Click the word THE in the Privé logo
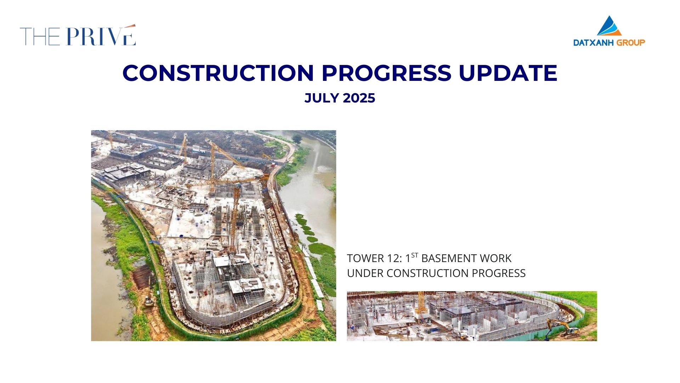[x=40, y=37]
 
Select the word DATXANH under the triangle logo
[x=594, y=43]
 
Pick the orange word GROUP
[x=631, y=43]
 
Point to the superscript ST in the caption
[x=415, y=255]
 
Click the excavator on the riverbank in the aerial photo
[x=149, y=297]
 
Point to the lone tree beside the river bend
[x=297, y=139]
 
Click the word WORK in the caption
[x=495, y=259]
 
